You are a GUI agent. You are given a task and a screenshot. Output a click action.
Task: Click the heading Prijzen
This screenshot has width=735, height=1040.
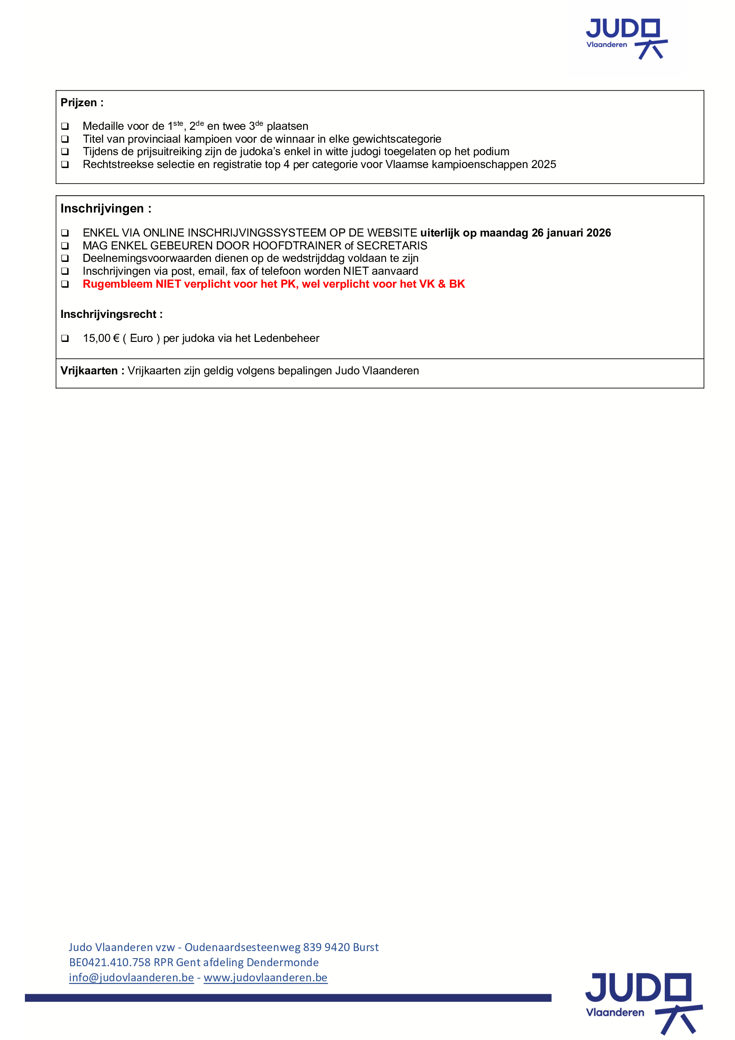78,103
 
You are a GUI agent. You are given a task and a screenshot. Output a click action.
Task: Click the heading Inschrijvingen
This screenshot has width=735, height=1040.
102,209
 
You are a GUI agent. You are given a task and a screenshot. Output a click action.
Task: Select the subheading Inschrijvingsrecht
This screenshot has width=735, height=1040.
108,314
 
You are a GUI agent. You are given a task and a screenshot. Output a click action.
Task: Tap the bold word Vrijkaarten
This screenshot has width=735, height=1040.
89,371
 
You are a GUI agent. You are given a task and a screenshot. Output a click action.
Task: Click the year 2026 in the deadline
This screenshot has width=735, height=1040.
598,233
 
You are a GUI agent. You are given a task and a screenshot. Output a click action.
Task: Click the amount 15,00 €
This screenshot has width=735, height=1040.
101,338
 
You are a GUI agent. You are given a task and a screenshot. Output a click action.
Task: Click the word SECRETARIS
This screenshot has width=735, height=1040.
392,245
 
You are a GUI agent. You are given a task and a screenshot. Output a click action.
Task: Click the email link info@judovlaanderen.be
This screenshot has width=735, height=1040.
131,977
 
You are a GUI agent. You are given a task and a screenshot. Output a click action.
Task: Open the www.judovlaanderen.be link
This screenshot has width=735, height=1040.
265,977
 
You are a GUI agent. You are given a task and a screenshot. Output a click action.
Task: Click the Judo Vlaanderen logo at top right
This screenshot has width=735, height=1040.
627,39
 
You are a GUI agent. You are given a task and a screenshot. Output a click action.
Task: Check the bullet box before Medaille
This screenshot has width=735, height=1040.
65,126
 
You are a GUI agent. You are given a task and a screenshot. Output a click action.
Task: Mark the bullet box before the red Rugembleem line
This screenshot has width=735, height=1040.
65,284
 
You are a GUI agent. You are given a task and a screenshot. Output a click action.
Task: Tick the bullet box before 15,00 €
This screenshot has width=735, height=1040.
65,338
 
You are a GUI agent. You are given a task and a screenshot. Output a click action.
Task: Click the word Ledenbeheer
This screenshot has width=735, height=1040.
287,338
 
